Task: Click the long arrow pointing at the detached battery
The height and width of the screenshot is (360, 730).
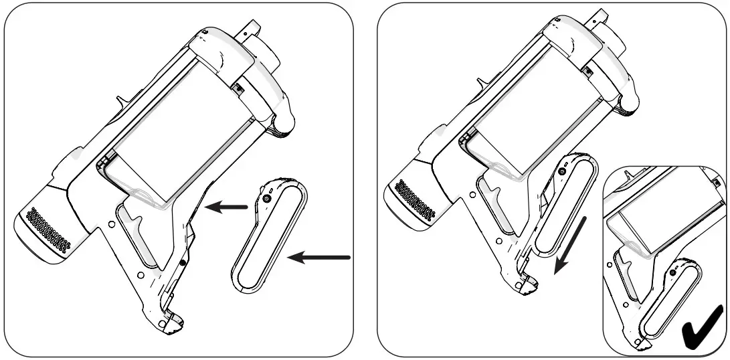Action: pos(323,257)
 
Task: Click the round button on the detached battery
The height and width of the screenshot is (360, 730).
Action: pos(267,199)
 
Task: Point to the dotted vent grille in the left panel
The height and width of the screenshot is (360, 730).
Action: pos(48,230)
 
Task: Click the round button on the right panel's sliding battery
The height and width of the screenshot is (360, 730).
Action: pos(562,171)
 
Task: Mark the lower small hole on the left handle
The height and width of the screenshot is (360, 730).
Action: pos(139,274)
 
